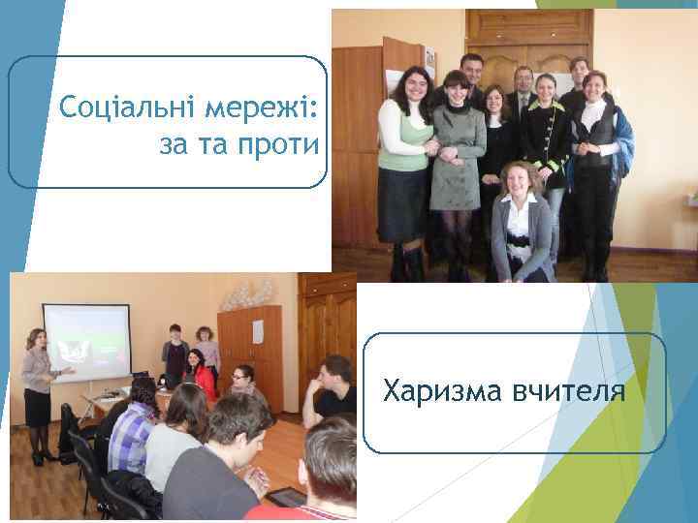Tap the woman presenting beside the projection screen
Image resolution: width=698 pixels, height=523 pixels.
coord(39,383)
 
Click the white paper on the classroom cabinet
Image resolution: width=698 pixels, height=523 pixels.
coord(258,331)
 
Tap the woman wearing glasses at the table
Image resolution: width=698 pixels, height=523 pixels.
coord(242,383)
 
